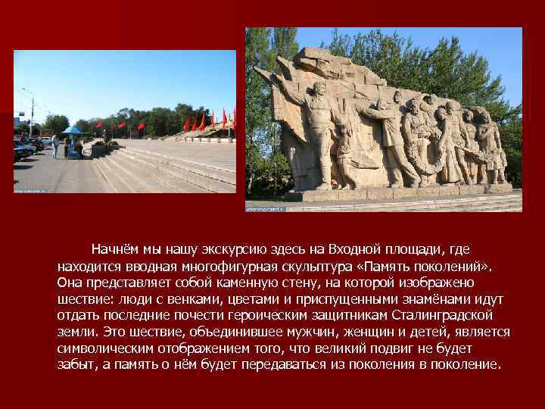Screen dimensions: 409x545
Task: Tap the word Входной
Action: [358, 249]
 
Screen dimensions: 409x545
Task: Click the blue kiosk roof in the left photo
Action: [73, 130]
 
